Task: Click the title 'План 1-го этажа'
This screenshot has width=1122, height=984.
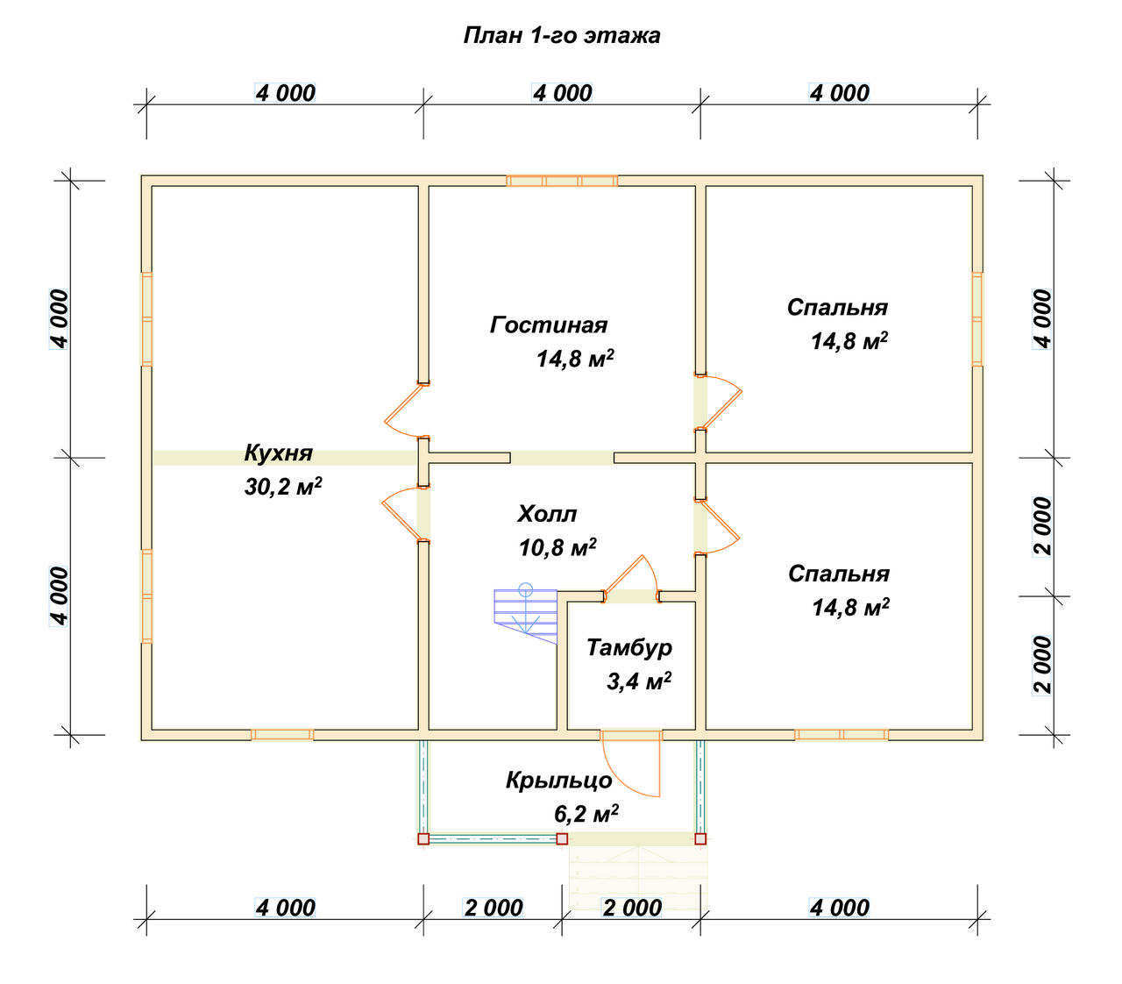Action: pos(562,35)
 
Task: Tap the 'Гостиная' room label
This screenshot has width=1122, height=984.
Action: pos(548,324)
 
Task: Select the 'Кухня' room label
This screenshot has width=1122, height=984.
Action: pos(279,453)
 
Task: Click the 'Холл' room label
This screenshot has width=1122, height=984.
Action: pos(547,514)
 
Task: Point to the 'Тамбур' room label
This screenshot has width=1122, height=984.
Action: pos(629,648)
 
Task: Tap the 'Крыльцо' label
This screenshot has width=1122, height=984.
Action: pos(558,781)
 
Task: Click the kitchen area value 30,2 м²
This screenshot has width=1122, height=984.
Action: pos(283,487)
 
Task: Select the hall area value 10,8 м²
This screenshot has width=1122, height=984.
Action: pos(557,547)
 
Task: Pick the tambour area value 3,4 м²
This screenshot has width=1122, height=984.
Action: pos(639,681)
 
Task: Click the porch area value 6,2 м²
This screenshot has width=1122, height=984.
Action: pos(586,814)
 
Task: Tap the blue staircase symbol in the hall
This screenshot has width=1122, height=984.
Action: pos(525,613)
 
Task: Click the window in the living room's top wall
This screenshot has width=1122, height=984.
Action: pos(562,181)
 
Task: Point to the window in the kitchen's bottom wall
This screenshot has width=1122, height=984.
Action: pos(282,735)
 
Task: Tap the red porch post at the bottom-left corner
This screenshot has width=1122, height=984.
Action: pos(423,838)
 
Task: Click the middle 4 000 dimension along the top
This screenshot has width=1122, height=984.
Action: pos(562,93)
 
